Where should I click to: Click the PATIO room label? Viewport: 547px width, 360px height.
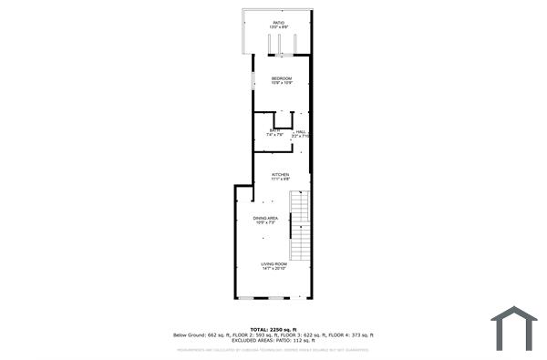click(x=280, y=23)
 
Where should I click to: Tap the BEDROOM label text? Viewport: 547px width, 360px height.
click(x=281, y=79)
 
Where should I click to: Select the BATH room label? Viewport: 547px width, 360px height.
click(x=274, y=131)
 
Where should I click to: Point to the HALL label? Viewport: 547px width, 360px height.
click(x=300, y=131)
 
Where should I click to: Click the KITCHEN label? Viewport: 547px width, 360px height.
click(x=280, y=174)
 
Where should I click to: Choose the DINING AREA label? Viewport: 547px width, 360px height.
click(x=265, y=219)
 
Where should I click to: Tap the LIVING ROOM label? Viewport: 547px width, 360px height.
click(x=273, y=264)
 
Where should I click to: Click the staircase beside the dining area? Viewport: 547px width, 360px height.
click(x=299, y=228)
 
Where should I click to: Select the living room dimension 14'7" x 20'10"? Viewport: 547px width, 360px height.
click(x=273, y=270)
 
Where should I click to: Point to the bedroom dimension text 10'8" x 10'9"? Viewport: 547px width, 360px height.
click(x=281, y=84)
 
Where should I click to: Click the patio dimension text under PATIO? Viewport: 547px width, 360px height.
click(x=280, y=28)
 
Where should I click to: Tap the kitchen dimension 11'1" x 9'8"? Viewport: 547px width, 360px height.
click(x=280, y=180)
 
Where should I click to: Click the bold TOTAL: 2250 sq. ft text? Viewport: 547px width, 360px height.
click(x=273, y=329)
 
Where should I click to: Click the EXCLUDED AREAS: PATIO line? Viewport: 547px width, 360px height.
click(x=273, y=341)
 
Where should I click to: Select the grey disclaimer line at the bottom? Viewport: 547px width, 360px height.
click(x=273, y=349)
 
